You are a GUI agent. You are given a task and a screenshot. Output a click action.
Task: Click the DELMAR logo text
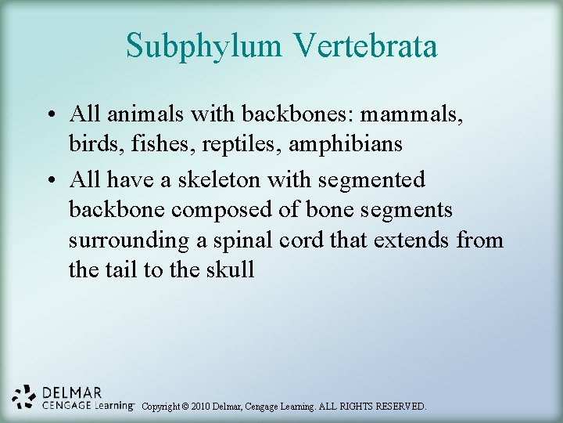72,392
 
